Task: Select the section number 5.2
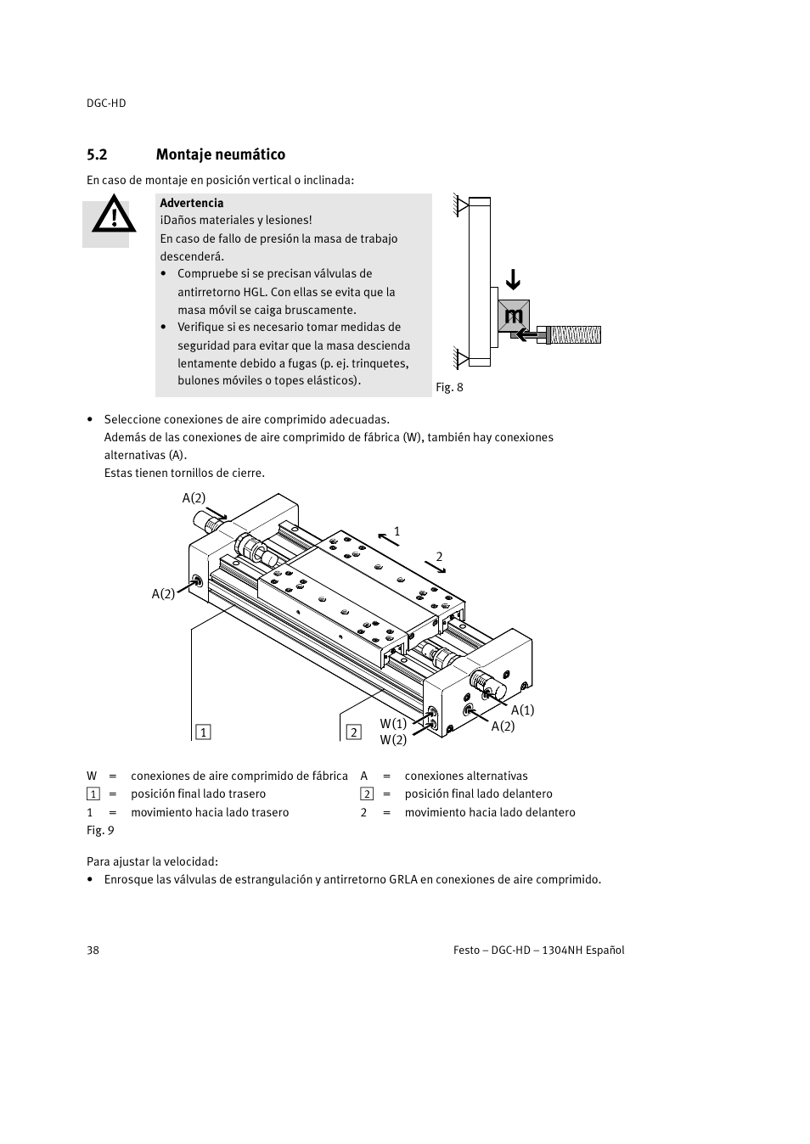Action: point(97,154)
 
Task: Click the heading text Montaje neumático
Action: point(220,154)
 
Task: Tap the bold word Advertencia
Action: point(192,203)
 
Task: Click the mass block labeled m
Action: point(514,317)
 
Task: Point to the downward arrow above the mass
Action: point(512,280)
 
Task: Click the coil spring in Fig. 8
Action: point(575,334)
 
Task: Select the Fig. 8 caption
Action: point(449,387)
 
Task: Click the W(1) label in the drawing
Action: point(393,723)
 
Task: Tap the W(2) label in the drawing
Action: point(393,740)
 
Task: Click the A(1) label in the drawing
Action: point(522,710)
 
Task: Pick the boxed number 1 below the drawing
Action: point(203,732)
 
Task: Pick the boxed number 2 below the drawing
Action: point(353,732)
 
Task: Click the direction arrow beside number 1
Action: point(388,536)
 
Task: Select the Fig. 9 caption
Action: point(100,830)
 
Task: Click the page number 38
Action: point(93,950)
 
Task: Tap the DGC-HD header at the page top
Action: point(106,103)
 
